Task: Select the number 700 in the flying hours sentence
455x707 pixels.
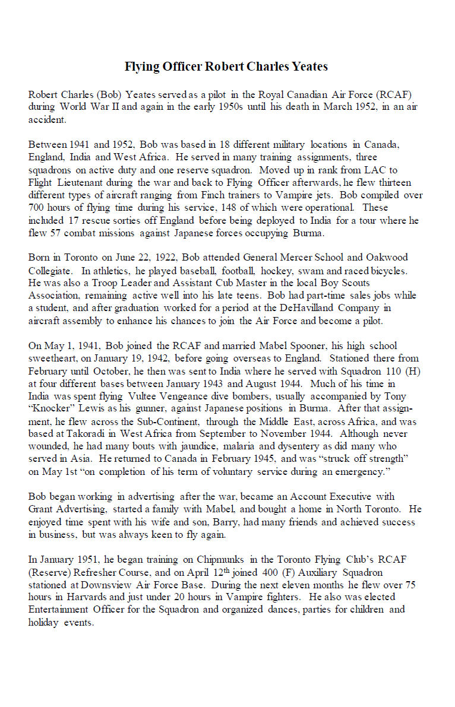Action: (37, 208)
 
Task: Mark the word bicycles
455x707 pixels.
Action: (390, 270)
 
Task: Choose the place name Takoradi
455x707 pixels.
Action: (86, 433)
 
